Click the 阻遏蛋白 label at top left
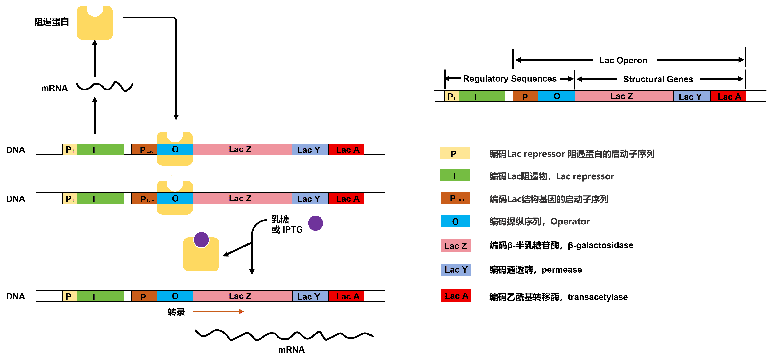pyautogui.click(x=52, y=22)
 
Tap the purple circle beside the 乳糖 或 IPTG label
pyautogui.click(x=315, y=223)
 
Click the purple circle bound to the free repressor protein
pyautogui.click(x=201, y=240)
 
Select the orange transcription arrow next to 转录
pyautogui.click(x=218, y=311)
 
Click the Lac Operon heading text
pyautogui.click(x=623, y=61)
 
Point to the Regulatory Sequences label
pyautogui.click(x=510, y=79)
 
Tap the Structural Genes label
pyautogui.click(x=658, y=79)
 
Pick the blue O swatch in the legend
pyautogui.click(x=455, y=222)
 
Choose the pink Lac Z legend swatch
pyautogui.click(x=456, y=246)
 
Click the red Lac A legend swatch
pyautogui.click(x=456, y=296)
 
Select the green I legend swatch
pyautogui.click(x=455, y=175)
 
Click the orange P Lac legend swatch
pyautogui.click(x=455, y=198)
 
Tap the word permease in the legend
pyautogui.click(x=562, y=270)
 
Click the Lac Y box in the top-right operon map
pyautogui.click(x=691, y=97)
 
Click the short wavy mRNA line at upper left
pyautogui.click(x=104, y=86)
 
